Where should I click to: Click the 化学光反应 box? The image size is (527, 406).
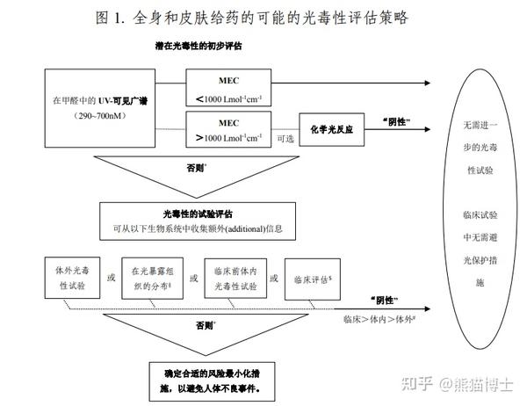331,129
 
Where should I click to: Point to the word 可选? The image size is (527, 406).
285,139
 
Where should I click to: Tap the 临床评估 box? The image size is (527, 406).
313,279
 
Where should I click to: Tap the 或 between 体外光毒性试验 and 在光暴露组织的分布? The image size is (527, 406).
110,279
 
